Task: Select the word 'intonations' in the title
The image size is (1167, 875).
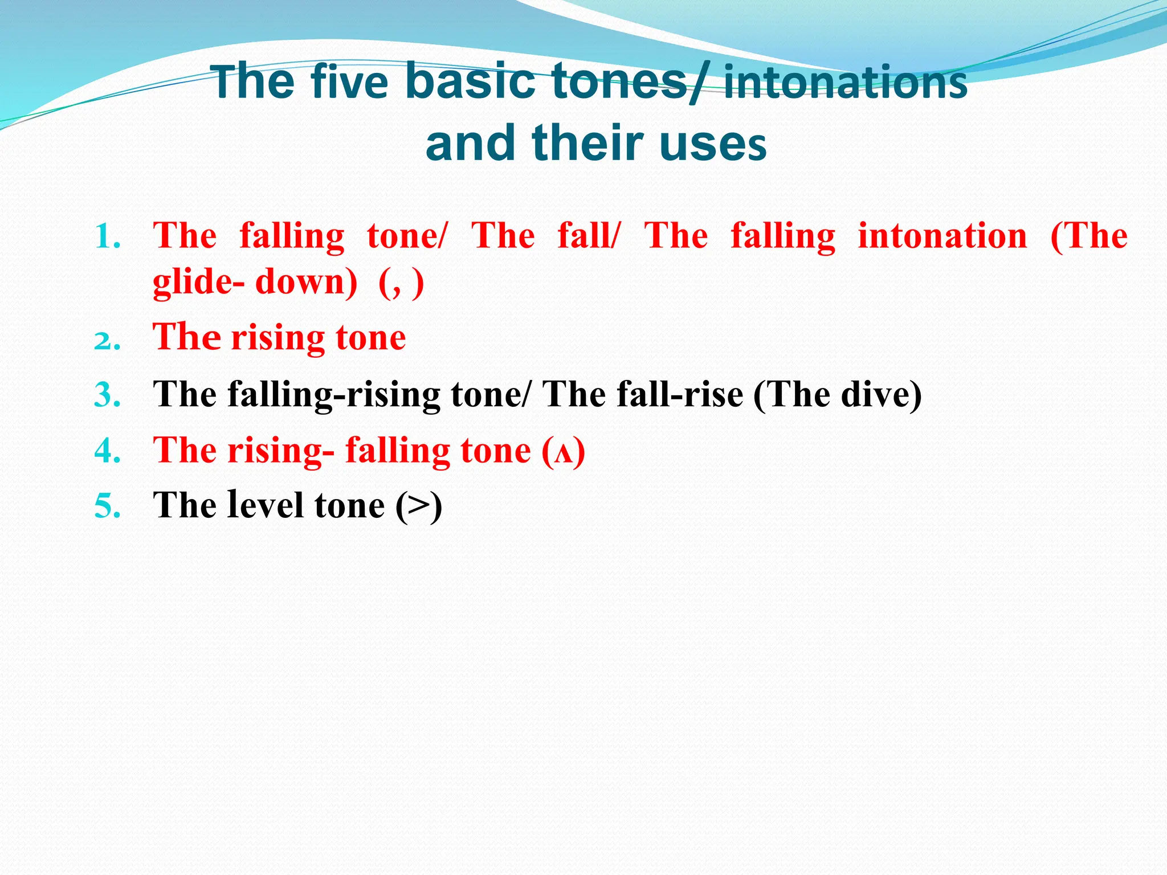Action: point(845,82)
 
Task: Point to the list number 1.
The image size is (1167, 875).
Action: point(108,236)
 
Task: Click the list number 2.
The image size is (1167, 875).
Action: point(108,340)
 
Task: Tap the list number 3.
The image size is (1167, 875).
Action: point(108,395)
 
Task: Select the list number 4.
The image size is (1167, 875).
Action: point(108,451)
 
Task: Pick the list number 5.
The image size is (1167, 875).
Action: point(108,506)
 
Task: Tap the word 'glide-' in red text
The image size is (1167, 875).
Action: point(199,282)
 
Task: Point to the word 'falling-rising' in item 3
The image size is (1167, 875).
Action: point(333,394)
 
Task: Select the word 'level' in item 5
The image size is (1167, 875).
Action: point(264,505)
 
